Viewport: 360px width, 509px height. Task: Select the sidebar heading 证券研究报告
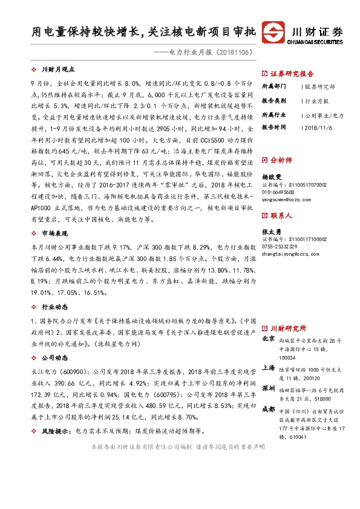[x=290, y=70]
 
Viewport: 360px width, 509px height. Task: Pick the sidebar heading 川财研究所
[x=289, y=327]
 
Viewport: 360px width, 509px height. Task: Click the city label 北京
[x=270, y=339]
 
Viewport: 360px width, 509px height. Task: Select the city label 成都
[x=270, y=409]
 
